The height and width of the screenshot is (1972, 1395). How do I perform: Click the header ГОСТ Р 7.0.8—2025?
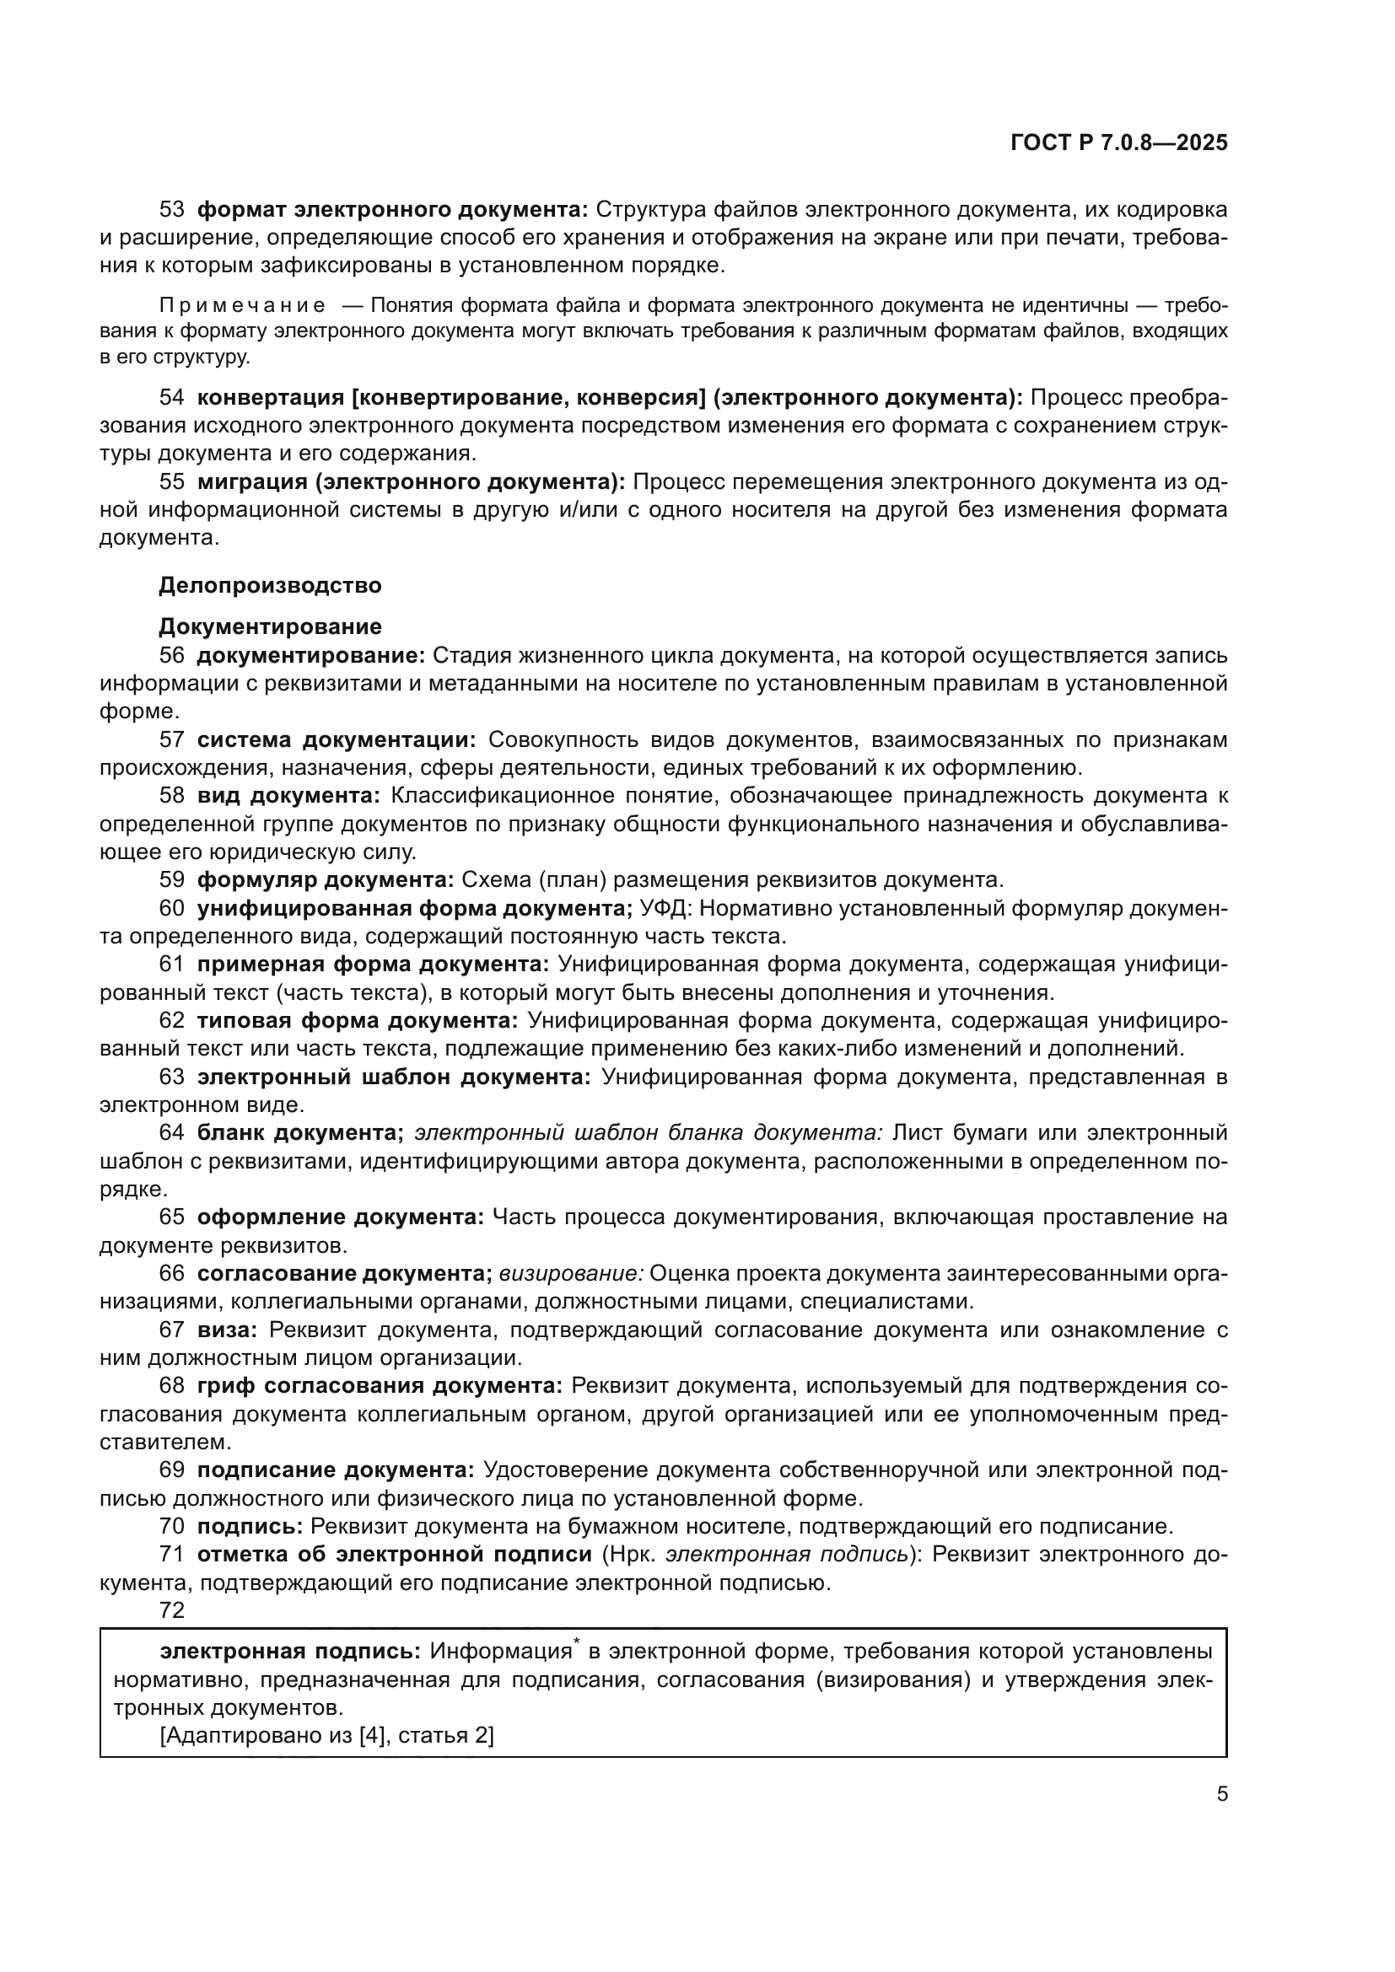(1118, 143)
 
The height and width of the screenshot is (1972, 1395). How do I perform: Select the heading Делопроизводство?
(270, 586)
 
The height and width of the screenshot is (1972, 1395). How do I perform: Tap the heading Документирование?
(270, 626)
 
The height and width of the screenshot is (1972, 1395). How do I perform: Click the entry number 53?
(172, 210)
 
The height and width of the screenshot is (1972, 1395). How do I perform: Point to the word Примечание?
(242, 307)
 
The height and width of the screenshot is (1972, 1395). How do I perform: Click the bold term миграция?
(250, 482)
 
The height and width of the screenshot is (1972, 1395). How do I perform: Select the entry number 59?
(172, 879)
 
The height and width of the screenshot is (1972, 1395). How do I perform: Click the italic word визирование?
(571, 1274)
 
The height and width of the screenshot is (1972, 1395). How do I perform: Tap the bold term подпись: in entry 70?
(250, 1526)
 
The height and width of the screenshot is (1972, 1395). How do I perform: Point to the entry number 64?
(172, 1133)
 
